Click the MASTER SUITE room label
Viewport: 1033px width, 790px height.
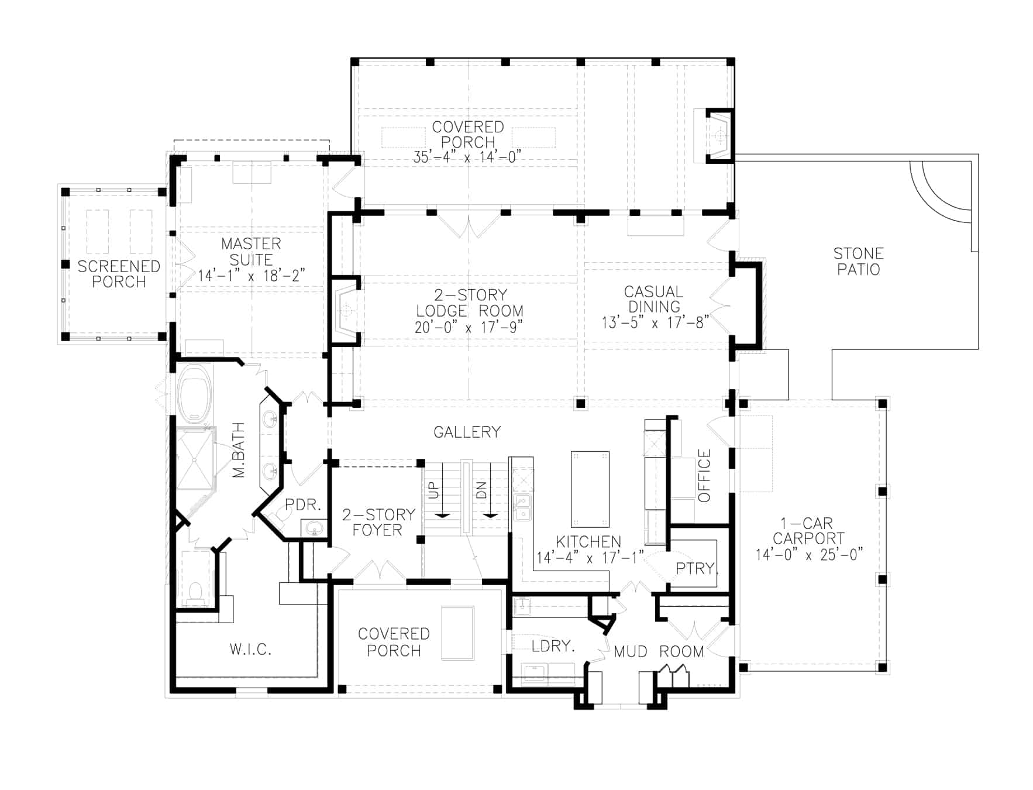pyautogui.click(x=251, y=252)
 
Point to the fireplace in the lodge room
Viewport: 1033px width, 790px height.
pyautogui.click(x=346, y=311)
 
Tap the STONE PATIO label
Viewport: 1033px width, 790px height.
pyautogui.click(x=858, y=262)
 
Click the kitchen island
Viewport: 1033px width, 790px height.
pyautogui.click(x=590, y=489)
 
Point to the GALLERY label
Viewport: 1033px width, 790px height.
pyautogui.click(x=467, y=432)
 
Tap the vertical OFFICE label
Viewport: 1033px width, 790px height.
pyautogui.click(x=704, y=475)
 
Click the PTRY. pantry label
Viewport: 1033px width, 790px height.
pyautogui.click(x=696, y=568)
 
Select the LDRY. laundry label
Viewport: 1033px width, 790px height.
pyautogui.click(x=553, y=646)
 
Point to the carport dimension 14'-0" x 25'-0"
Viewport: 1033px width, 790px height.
pyautogui.click(x=809, y=555)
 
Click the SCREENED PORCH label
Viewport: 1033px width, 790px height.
pyautogui.click(x=119, y=274)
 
